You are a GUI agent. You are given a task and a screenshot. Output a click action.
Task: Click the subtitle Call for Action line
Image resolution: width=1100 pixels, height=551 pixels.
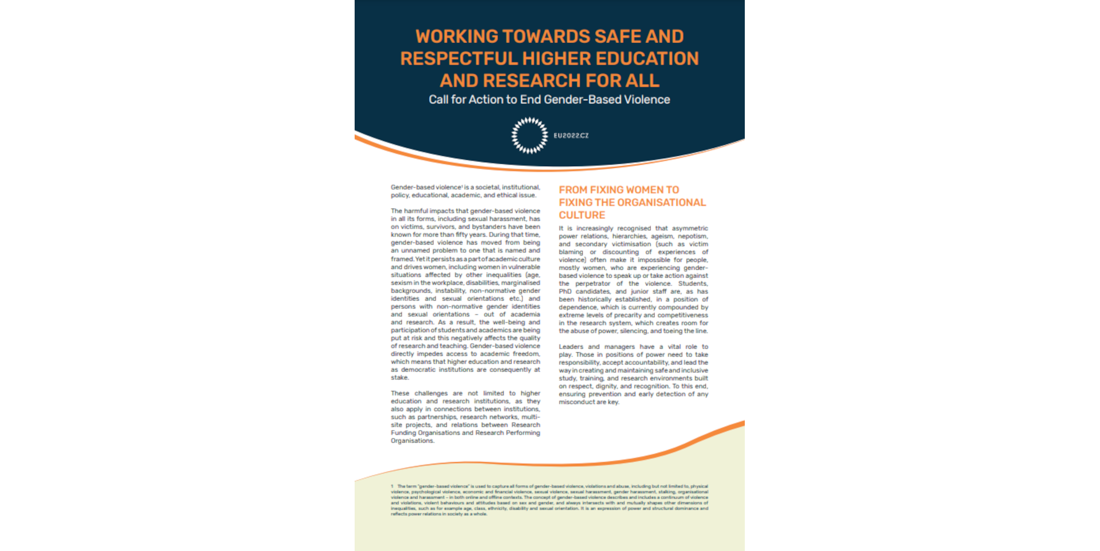point(549,100)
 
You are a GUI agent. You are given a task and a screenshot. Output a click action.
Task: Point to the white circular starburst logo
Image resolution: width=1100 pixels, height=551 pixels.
point(529,136)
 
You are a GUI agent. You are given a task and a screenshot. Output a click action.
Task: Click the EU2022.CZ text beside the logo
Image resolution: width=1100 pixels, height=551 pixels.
point(571,136)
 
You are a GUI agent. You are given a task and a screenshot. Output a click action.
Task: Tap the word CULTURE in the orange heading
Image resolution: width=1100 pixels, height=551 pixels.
point(582,215)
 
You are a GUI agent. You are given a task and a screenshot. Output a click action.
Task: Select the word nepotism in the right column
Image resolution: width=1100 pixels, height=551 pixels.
point(693,237)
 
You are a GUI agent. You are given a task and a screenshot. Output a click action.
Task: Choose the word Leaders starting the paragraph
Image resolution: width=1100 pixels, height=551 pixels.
point(571,347)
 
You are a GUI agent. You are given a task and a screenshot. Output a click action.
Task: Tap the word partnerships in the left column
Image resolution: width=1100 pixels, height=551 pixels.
point(437,418)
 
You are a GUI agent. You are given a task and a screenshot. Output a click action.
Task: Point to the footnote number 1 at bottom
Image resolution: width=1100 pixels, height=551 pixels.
point(392,486)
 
